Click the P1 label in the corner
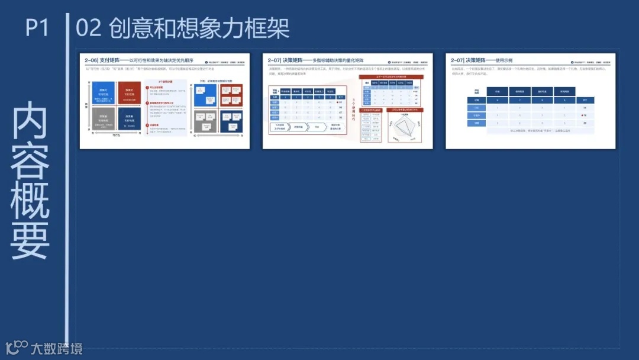point(36,27)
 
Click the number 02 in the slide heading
point(89,28)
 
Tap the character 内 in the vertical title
point(30,121)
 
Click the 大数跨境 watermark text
point(57,348)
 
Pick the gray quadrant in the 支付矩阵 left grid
point(103,118)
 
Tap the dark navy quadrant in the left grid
point(129,118)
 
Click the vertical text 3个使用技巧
point(354,110)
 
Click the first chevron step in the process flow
point(279,127)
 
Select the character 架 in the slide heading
point(277,28)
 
